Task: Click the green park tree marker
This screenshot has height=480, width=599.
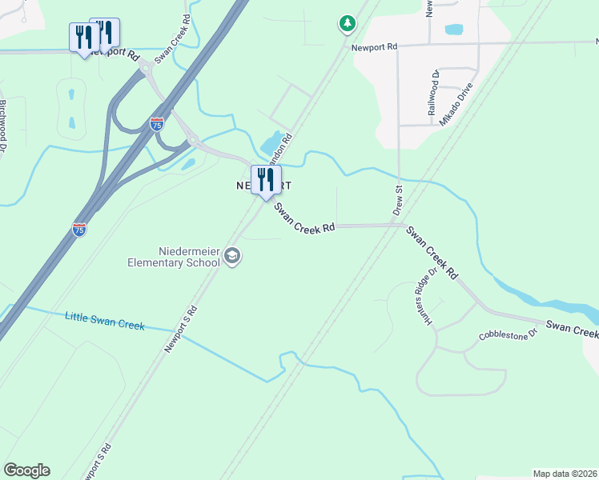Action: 347,24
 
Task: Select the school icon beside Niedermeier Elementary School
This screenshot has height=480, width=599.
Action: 233,256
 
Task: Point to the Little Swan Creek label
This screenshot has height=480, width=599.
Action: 104,324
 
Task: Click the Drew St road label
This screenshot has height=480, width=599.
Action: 397,201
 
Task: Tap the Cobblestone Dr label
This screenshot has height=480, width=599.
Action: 509,335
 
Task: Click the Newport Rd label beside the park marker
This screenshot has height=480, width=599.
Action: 374,47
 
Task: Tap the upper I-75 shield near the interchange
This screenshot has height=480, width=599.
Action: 158,124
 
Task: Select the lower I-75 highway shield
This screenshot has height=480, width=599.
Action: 78,229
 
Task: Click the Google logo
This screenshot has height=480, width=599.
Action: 26,470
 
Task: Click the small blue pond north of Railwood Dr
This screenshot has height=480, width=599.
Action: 453,30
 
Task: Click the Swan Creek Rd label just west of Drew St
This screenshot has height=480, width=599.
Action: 304,218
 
